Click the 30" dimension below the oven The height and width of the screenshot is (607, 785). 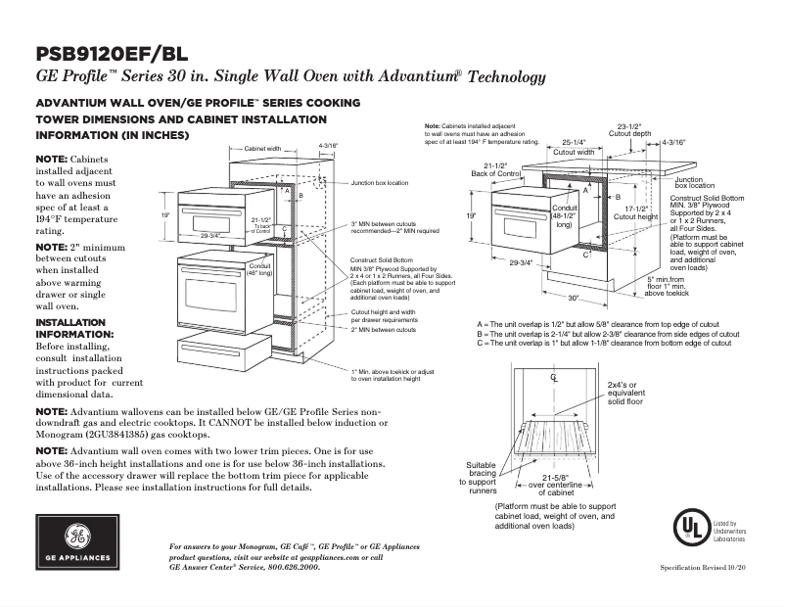click(574, 299)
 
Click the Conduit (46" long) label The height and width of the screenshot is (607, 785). click(259, 269)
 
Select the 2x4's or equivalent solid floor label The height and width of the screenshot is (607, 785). click(625, 393)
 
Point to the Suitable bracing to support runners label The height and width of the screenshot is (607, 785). click(481, 475)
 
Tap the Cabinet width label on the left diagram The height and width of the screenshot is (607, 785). click(262, 150)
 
